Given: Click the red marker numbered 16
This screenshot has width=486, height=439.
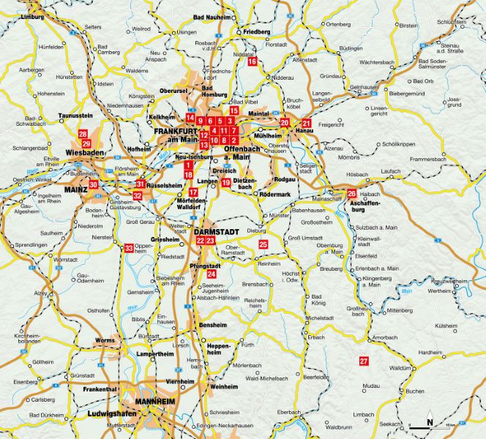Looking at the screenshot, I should click(x=253, y=62).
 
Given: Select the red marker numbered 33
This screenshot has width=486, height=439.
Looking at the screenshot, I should click(x=130, y=249).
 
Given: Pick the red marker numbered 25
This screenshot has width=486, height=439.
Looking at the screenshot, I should click(x=263, y=244).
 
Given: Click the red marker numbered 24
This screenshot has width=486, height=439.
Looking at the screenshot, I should click(x=212, y=273).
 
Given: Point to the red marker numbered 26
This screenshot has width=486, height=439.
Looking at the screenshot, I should click(x=351, y=193).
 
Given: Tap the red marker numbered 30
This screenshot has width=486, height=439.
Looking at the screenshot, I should click(x=93, y=185).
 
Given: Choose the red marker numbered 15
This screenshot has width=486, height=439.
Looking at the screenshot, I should click(x=233, y=110).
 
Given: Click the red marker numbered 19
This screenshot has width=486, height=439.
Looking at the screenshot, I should click(x=226, y=182).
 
